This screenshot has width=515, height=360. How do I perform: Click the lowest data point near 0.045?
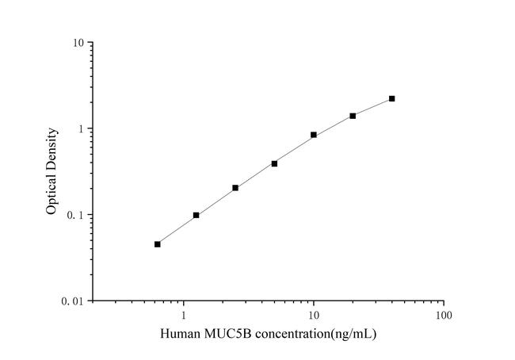[158, 244]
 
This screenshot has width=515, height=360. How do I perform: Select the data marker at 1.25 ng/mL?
[196, 215]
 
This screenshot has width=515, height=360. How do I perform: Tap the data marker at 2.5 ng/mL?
[235, 188]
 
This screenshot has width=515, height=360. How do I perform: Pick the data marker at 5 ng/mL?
[274, 163]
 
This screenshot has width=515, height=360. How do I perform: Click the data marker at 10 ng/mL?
[314, 135]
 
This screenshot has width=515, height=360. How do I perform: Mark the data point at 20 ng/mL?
[353, 116]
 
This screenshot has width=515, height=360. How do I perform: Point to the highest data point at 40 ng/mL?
[391, 98]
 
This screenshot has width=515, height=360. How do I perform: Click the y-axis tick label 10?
[79, 43]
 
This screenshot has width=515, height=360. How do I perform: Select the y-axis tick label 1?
[82, 129]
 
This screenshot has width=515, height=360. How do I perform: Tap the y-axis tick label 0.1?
[77, 216]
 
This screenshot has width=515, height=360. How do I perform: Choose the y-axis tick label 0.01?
[74, 302]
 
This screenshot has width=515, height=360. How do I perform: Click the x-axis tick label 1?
[184, 315]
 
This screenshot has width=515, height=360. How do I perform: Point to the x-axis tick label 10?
[314, 315]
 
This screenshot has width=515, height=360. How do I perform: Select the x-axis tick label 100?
[444, 315]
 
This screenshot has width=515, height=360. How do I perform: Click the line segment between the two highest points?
[372, 107]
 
